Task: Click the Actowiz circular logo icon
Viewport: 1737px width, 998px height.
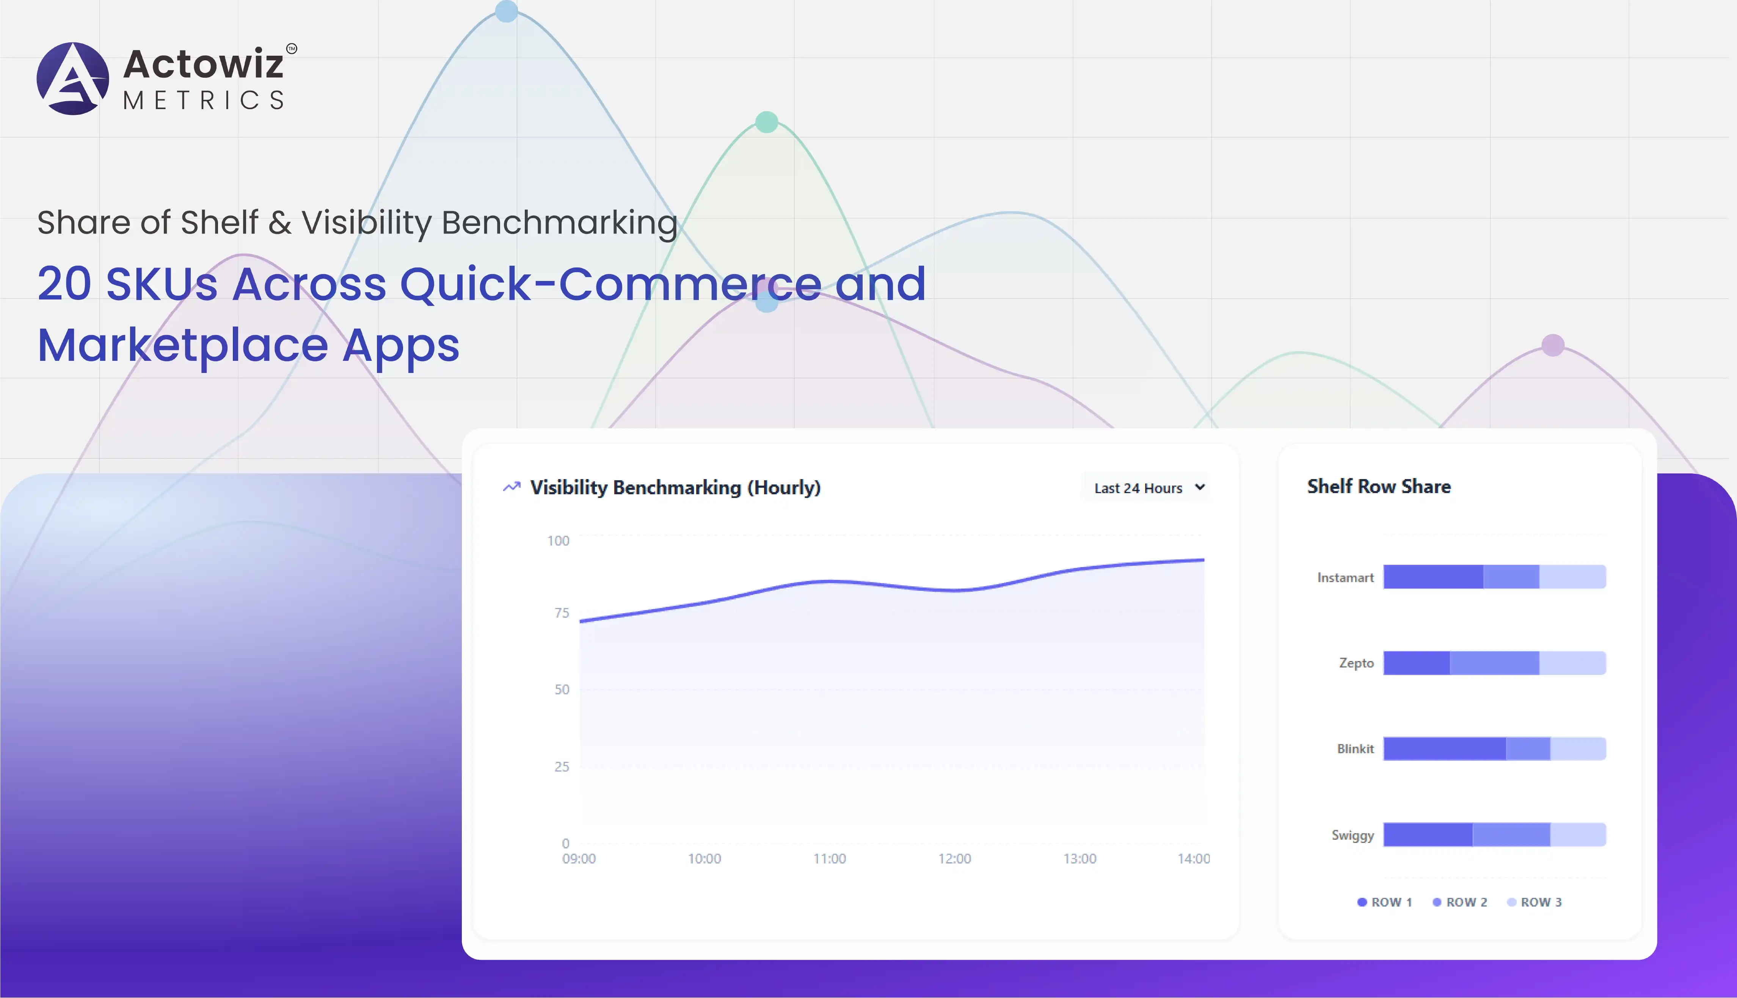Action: [73, 78]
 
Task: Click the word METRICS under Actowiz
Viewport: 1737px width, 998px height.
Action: [204, 100]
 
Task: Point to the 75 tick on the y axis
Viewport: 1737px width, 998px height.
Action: [562, 613]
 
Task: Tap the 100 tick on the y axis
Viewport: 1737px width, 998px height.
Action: [558, 541]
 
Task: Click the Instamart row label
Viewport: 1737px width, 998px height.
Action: [1346, 578]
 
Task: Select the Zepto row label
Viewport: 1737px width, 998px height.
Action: [1357, 663]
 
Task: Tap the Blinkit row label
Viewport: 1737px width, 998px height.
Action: [1355, 749]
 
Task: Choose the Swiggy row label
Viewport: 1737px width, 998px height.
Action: [1353, 835]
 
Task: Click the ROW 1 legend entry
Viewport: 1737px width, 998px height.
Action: [1385, 902]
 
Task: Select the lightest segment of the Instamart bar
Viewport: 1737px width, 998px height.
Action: [1572, 577]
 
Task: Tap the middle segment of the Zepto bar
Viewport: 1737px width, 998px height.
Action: [1494, 663]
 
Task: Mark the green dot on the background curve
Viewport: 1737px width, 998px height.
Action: [766, 122]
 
